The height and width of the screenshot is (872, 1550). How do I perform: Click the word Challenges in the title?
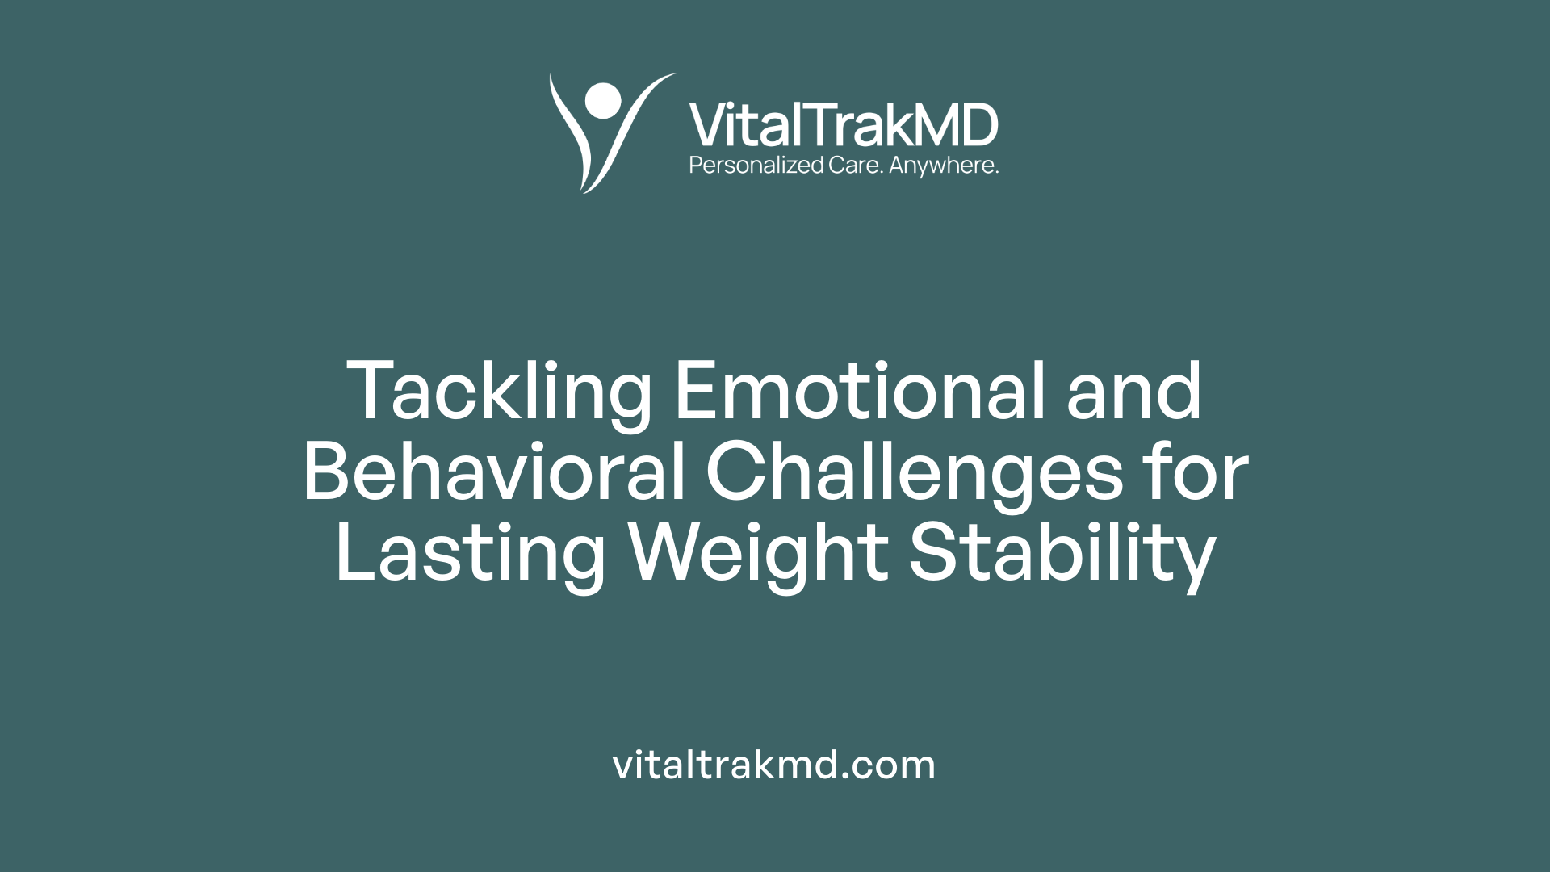pos(914,473)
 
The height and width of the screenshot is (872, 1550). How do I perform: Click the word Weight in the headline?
pos(759,554)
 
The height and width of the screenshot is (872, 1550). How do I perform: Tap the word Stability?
pos(1062,554)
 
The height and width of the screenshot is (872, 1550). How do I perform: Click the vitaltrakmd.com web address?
pos(774,765)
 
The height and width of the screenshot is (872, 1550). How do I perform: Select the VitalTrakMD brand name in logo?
pos(844,126)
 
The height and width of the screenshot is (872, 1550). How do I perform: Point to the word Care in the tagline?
pos(855,166)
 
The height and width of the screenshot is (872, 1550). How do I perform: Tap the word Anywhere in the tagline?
pos(944,166)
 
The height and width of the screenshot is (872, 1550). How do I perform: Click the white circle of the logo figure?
pos(603,100)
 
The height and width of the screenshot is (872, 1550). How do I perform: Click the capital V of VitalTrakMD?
pos(707,126)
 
